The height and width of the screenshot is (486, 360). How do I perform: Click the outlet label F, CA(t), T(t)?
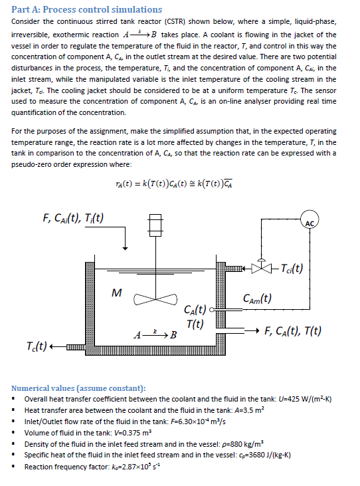(x=293, y=330)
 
